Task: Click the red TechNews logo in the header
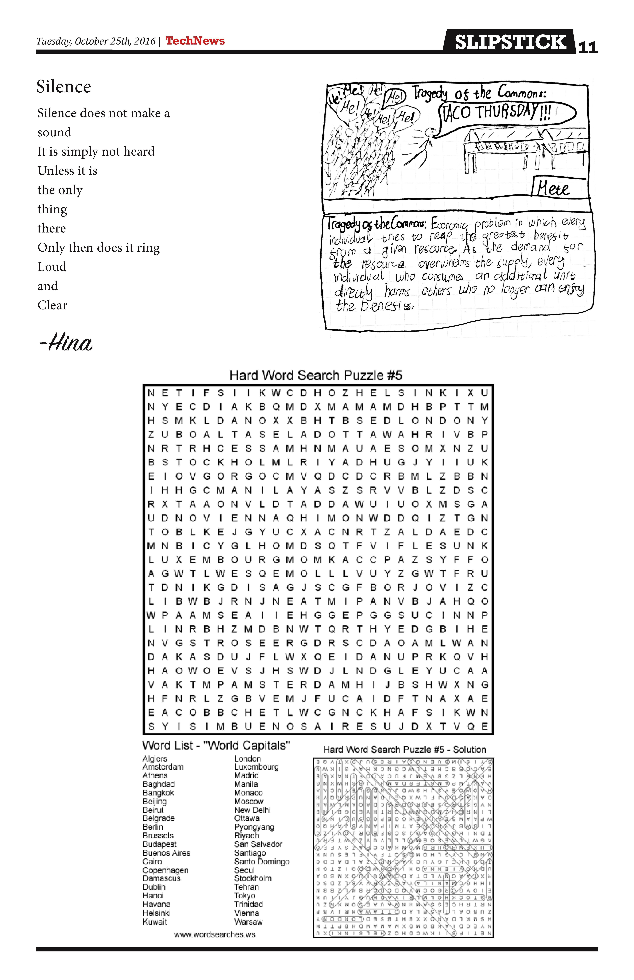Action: pos(195,41)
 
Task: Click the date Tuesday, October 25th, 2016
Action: pos(96,41)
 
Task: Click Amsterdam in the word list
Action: pos(163,767)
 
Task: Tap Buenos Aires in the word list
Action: pos(166,853)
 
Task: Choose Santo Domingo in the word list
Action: pos(262,861)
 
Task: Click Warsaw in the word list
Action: pos(248,922)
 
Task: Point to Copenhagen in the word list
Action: pos(165,870)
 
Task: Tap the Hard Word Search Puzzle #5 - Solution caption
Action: pos(405,749)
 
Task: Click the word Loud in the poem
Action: pos(52,267)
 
